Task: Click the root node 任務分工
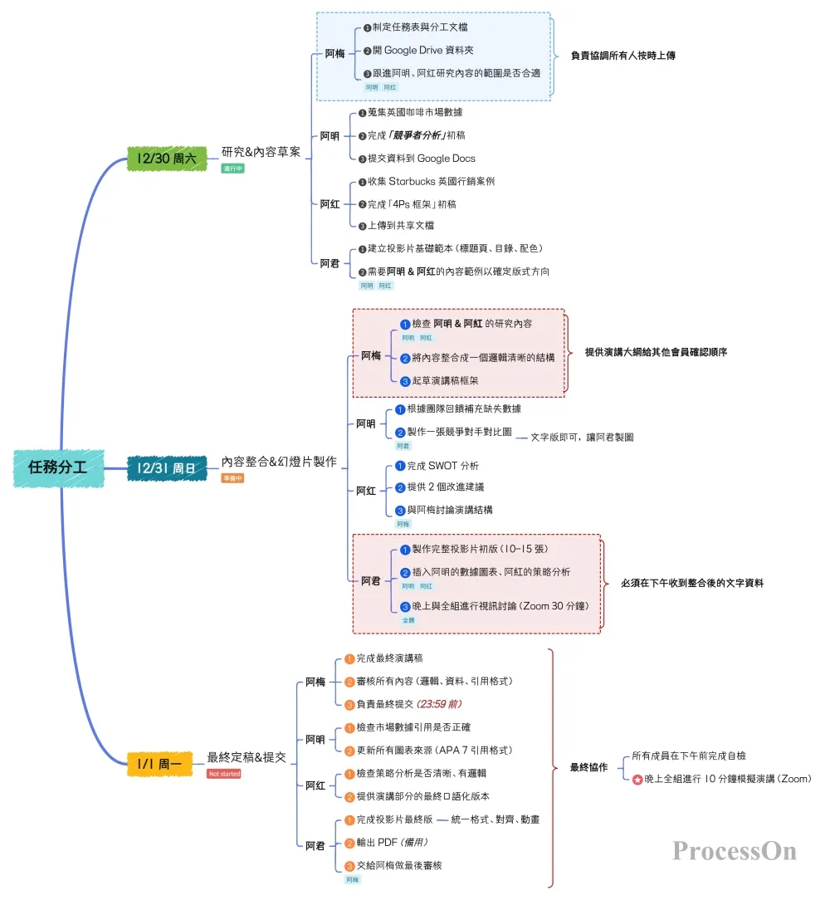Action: pyautogui.click(x=58, y=468)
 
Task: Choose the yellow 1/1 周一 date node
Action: pyautogui.click(x=159, y=762)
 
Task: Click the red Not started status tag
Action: pyautogui.click(x=224, y=774)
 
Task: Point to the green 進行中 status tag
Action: pyautogui.click(x=232, y=168)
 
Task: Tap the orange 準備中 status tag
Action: pyautogui.click(x=232, y=478)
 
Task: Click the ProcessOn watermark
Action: pyautogui.click(x=734, y=852)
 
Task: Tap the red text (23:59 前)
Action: pyautogui.click(x=439, y=704)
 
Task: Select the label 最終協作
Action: pyautogui.click(x=588, y=767)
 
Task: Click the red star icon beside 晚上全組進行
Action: pyautogui.click(x=637, y=780)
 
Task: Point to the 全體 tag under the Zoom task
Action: pyautogui.click(x=408, y=619)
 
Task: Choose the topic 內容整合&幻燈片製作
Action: pyautogui.click(x=279, y=462)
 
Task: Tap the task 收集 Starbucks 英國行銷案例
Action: pyautogui.click(x=431, y=181)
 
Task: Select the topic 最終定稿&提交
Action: pyautogui.click(x=247, y=757)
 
